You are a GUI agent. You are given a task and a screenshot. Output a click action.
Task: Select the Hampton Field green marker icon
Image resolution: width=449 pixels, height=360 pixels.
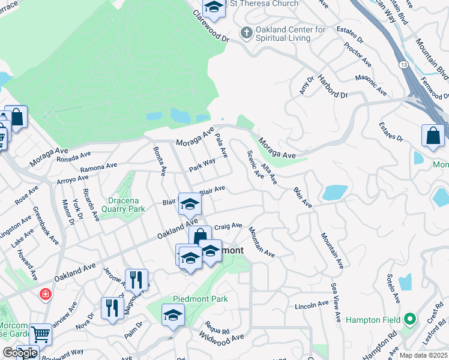click(x=411, y=319)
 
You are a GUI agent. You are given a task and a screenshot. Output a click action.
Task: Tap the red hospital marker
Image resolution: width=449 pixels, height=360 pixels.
click(x=45, y=294)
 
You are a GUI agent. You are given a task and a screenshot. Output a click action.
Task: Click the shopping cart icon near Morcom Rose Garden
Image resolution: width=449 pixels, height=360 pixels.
click(x=41, y=333)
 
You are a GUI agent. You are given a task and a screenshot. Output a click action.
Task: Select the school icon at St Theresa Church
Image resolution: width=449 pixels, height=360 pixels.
click(x=213, y=7)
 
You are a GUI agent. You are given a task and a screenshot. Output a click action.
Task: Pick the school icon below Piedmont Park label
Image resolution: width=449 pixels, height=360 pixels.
click(x=173, y=314)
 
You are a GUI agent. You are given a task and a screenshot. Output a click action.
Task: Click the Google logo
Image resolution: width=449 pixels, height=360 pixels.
click(x=20, y=353)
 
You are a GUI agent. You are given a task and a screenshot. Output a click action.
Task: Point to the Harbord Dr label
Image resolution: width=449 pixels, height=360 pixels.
click(x=333, y=86)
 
